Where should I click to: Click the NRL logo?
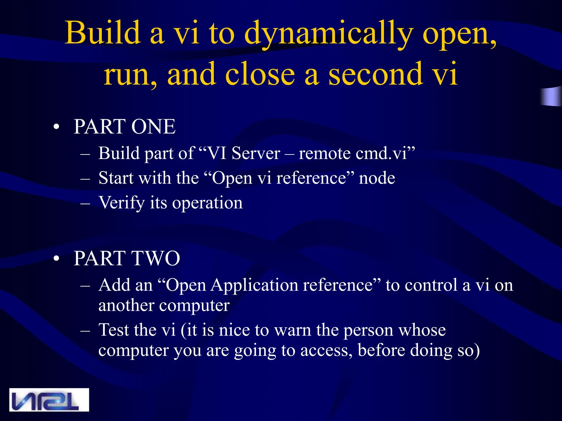click(49, 400)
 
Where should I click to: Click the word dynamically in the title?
click(328, 33)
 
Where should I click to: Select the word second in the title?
click(376, 74)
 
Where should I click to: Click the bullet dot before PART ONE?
click(56, 127)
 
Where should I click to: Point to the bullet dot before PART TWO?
click(56, 259)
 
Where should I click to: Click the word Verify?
click(121, 203)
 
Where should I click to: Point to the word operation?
click(207, 203)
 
